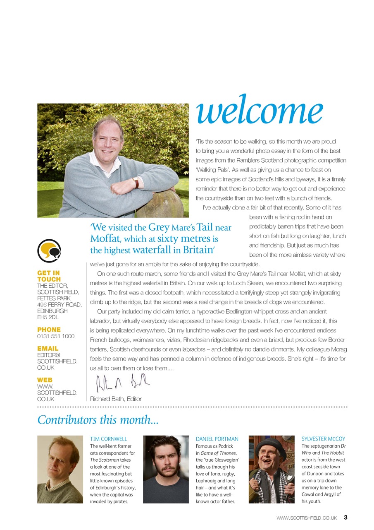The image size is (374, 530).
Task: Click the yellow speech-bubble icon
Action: pos(49,251)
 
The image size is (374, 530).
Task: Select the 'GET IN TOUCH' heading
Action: pos(49,276)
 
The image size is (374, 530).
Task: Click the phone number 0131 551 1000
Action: pos(56,336)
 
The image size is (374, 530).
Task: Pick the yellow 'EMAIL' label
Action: pos(48,349)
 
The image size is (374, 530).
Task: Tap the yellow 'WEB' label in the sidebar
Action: pos(45,380)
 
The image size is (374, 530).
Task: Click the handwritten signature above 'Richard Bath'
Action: pos(120,383)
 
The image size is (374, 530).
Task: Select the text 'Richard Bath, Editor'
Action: pos(116,399)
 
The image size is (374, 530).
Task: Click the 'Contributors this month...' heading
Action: pos(98,420)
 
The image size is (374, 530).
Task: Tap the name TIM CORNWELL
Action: pos(108,439)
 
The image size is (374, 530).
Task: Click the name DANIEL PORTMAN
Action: pos(217,439)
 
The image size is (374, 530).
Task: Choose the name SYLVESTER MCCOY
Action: pos(323,439)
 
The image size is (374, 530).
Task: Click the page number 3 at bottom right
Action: pos(345,518)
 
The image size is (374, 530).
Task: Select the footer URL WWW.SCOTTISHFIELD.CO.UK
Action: pos(307,518)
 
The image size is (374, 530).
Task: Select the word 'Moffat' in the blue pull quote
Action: pos(104,239)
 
